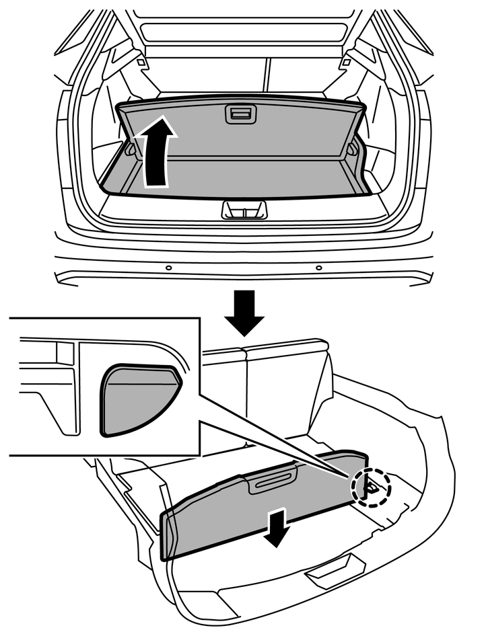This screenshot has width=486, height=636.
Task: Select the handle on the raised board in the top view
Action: [x=240, y=114]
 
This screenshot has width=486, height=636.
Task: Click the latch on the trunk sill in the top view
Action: [x=244, y=210]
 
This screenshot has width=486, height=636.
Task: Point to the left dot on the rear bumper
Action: [x=168, y=268]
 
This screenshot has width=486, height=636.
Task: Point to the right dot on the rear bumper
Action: [x=318, y=268]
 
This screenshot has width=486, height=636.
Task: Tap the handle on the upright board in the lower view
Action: [x=273, y=480]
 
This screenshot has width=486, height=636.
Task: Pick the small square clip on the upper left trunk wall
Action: [x=141, y=63]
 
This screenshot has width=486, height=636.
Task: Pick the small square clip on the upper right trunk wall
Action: [x=346, y=63]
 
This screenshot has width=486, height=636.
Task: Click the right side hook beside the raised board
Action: [x=353, y=149]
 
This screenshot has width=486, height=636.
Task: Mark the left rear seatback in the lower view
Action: [x=222, y=390]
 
